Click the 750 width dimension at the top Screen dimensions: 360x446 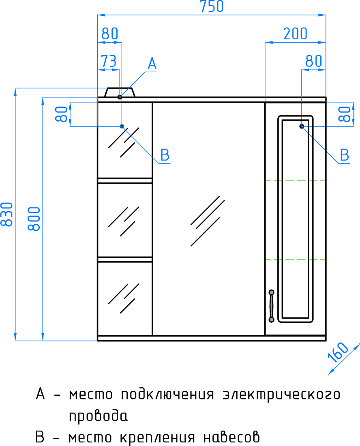212,6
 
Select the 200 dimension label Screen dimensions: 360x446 296,34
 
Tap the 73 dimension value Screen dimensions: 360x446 109,61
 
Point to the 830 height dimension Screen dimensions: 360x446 7,214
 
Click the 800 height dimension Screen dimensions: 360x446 34,219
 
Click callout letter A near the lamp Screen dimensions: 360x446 152,63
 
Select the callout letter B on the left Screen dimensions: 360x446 165,155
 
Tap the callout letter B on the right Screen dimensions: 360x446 344,155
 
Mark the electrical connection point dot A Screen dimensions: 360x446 120,97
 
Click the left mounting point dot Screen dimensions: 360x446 122,126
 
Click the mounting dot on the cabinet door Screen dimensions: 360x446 302,126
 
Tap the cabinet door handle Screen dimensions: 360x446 272,306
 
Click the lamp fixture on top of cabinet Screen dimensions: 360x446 120,92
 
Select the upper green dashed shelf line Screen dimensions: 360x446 296,180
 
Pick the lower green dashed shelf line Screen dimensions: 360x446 296,259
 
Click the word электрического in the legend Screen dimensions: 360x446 281,395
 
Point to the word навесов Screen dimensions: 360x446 231,437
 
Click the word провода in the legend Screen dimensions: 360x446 99,416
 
